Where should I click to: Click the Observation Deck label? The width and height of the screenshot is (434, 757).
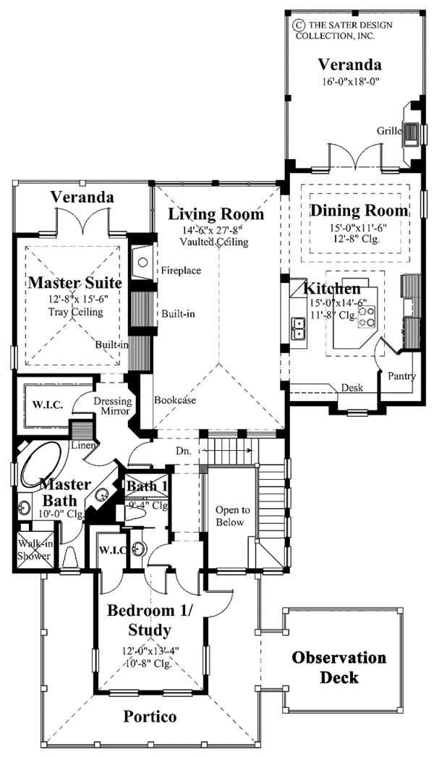pyautogui.click(x=339, y=667)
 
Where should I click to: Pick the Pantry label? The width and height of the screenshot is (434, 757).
pyautogui.click(x=401, y=376)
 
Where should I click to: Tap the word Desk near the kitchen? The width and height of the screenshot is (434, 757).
pyautogui.click(x=352, y=388)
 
